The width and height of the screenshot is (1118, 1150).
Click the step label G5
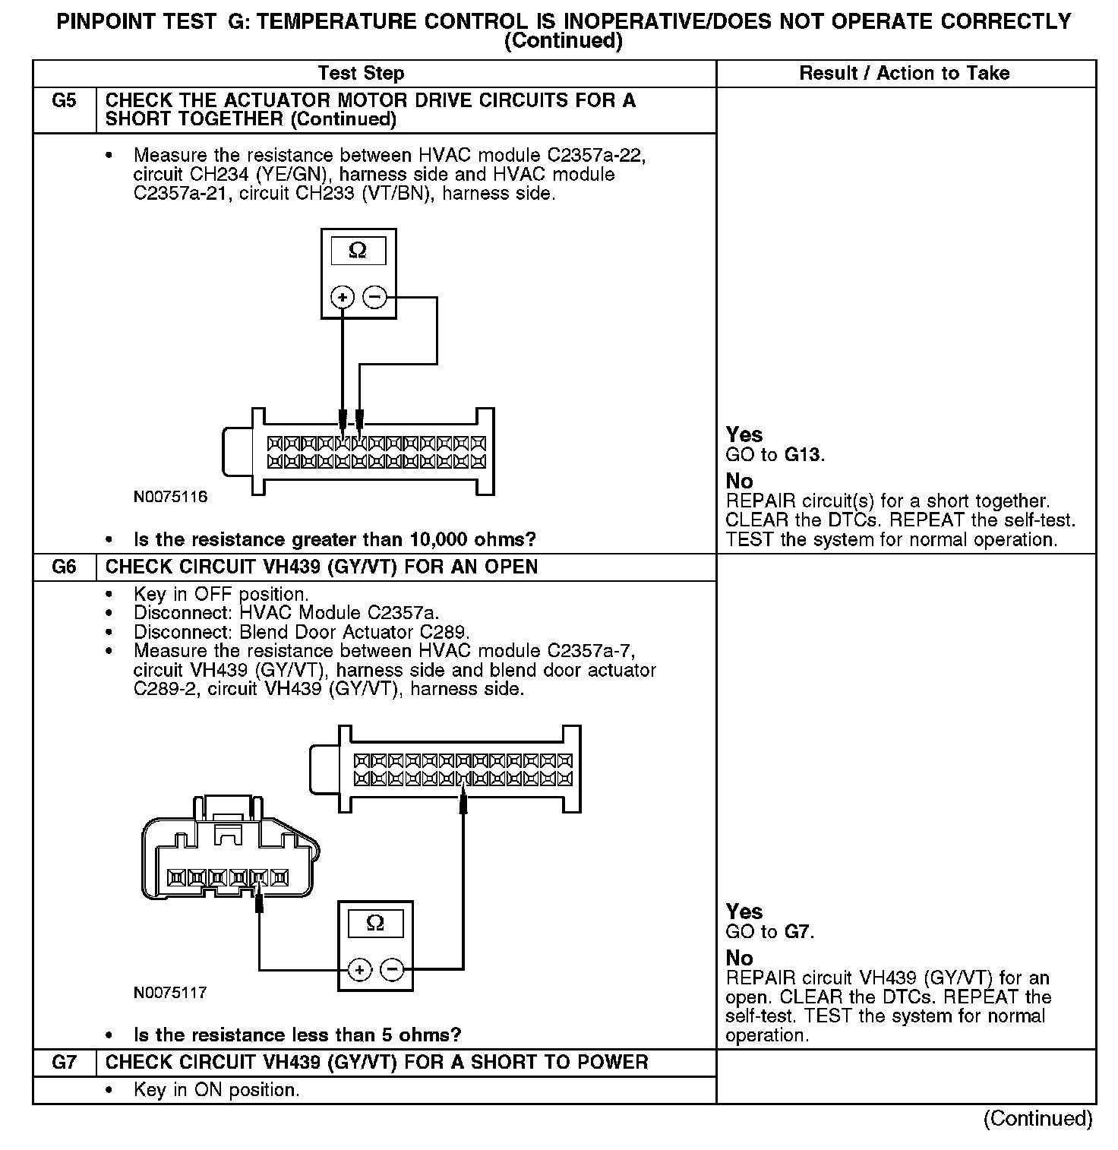pyautogui.click(x=65, y=101)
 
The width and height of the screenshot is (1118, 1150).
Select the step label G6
pyautogui.click(x=65, y=567)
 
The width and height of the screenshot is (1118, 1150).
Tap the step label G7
pyautogui.click(x=65, y=1062)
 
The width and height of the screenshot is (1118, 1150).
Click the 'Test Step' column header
pyautogui.click(x=361, y=74)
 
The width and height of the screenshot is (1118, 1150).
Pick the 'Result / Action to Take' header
pyautogui.click(x=904, y=74)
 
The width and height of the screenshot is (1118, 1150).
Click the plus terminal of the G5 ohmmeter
pyautogui.click(x=343, y=297)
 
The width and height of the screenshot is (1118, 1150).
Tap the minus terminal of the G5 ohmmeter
pyautogui.click(x=374, y=297)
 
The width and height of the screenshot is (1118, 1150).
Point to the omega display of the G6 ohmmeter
pyautogui.click(x=375, y=923)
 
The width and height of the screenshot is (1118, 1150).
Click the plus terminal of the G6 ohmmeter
pyautogui.click(x=359, y=970)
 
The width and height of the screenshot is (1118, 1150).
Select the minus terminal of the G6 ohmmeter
pyautogui.click(x=392, y=970)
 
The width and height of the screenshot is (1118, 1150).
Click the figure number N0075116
pyautogui.click(x=170, y=498)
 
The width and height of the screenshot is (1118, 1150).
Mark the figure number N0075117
pyautogui.click(x=170, y=993)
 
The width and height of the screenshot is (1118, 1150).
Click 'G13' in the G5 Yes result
pyautogui.click(x=804, y=455)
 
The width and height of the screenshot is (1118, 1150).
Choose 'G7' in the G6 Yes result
pyautogui.click(x=798, y=931)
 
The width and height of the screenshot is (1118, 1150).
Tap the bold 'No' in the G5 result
pyautogui.click(x=739, y=481)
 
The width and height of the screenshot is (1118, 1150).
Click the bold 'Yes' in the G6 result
pyautogui.click(x=744, y=911)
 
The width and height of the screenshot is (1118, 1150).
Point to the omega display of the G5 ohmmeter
pyautogui.click(x=358, y=251)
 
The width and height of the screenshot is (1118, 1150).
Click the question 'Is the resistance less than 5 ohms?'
pyautogui.click(x=297, y=1035)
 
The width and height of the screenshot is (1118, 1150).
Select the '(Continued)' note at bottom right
pyautogui.click(x=1037, y=1118)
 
